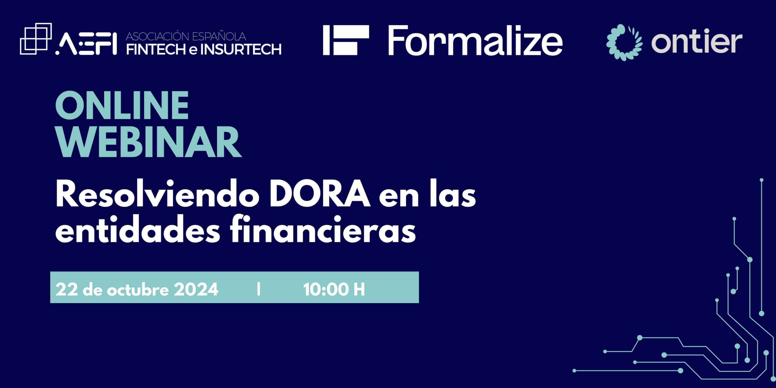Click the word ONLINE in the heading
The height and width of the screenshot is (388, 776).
pyautogui.click(x=122, y=105)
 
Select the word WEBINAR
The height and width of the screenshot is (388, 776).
pyautogui.click(x=149, y=142)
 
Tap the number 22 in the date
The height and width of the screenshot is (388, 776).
pyautogui.click(x=67, y=289)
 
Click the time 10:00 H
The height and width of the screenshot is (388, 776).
pyautogui.click(x=334, y=289)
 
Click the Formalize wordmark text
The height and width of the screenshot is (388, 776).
pyautogui.click(x=475, y=40)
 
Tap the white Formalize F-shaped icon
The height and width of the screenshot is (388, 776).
pyautogui.click(x=346, y=40)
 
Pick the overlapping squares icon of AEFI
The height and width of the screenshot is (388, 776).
pyautogui.click(x=36, y=39)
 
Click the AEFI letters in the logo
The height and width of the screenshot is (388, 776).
pyautogui.click(x=86, y=44)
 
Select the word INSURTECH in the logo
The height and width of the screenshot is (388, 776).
pyautogui.click(x=241, y=50)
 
